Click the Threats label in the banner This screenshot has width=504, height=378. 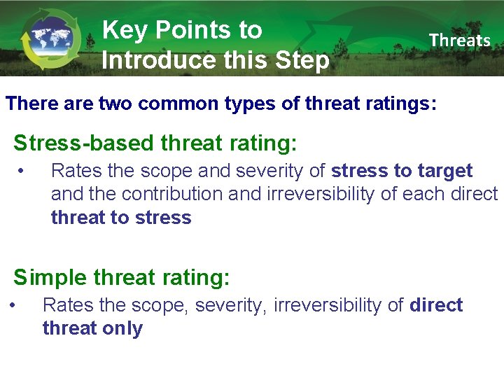460,41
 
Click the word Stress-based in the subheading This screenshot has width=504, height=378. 83,143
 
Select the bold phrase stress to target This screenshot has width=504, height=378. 402,171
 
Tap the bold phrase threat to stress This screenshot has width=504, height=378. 121,218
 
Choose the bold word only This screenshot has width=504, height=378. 120,328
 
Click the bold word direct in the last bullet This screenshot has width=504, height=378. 436,305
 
